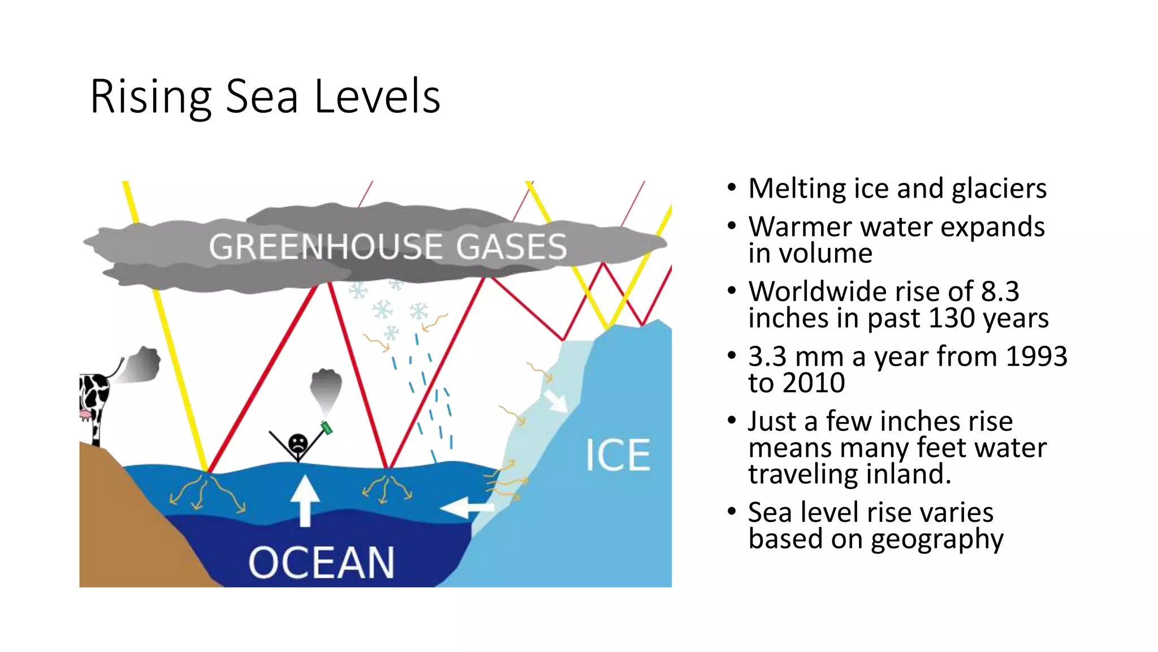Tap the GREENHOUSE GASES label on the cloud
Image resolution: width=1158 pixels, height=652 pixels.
[x=387, y=247]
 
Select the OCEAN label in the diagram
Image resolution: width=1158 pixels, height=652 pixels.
[x=321, y=563]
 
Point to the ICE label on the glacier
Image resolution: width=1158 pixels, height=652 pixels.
[x=617, y=455]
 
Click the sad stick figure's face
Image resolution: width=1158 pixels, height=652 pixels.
[x=298, y=442]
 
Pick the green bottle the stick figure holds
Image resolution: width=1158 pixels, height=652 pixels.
[x=327, y=427]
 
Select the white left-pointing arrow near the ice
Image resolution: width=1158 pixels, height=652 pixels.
[x=466, y=507]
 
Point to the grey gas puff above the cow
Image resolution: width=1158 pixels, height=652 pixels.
[x=141, y=365]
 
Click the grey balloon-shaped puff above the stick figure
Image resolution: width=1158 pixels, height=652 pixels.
[x=326, y=388]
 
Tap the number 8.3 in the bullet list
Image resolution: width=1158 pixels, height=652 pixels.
[x=1000, y=291]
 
